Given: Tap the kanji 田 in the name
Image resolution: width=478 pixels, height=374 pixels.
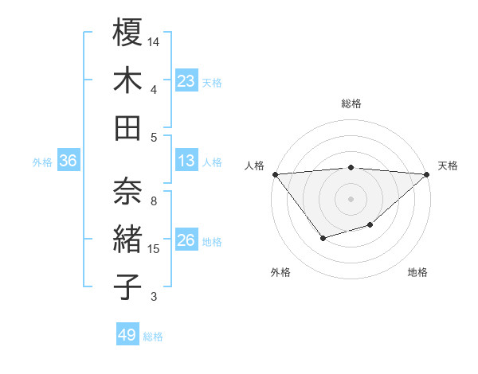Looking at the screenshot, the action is click(128, 127).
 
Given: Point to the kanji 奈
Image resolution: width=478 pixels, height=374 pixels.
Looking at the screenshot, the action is click(128, 191).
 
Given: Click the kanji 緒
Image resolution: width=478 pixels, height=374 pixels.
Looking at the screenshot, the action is click(128, 240).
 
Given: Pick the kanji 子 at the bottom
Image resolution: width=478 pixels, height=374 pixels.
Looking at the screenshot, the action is click(128, 286).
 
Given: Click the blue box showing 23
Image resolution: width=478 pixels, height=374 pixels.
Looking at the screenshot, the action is click(186, 80).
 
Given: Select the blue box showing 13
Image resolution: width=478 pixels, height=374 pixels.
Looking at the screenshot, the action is click(186, 161).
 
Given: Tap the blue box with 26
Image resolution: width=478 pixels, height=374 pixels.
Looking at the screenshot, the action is click(186, 240).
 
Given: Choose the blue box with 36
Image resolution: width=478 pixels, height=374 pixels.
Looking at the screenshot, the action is click(69, 161).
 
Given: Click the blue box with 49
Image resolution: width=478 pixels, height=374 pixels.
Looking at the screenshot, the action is click(127, 335).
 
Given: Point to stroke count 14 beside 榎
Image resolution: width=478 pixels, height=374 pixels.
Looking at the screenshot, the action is click(155, 40).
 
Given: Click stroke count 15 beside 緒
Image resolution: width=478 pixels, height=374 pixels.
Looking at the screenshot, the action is click(155, 249).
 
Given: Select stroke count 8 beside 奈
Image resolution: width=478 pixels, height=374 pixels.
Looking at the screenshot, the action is click(154, 201).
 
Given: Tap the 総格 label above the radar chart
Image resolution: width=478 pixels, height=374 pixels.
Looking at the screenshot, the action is click(351, 103).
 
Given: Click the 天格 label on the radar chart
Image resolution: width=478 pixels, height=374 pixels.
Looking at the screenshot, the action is click(449, 166).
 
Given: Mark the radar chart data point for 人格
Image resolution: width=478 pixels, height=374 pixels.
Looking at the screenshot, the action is click(275, 174).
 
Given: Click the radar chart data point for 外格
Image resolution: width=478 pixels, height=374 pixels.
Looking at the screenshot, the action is click(322, 238).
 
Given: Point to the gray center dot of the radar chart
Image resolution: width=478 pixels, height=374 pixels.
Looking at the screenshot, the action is click(351, 198).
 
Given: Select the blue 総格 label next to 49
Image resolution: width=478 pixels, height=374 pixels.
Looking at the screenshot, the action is click(153, 337).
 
